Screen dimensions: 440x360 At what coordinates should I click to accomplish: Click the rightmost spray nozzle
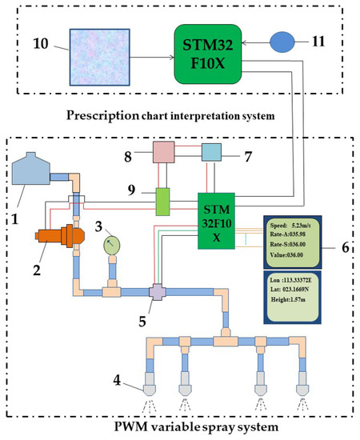pyautogui.click(x=303, y=386)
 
